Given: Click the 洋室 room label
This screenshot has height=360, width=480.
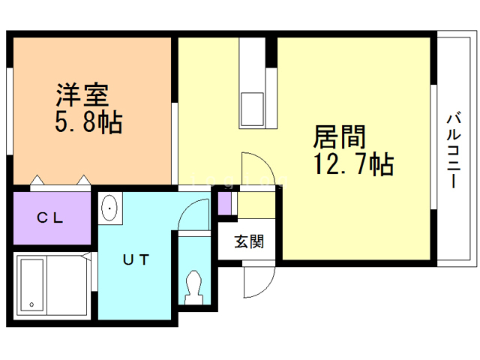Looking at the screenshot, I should coord(82,94).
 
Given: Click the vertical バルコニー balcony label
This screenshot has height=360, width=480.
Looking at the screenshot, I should coord(452,149).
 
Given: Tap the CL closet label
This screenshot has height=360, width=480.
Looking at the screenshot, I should coord(50,218).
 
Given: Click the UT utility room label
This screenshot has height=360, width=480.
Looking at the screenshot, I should coord(136,259).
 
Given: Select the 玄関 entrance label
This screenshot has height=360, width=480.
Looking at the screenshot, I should coord(247,242).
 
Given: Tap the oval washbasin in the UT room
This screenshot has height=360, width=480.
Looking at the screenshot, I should coord(109,208).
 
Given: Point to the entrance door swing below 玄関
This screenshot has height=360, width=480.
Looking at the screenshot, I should coord(254,282).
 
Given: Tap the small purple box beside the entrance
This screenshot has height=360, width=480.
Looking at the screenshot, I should coord(224,202).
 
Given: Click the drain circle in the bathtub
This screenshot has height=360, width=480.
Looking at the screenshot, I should coord(31,304).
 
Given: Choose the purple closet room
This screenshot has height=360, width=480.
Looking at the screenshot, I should coord(50,218).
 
